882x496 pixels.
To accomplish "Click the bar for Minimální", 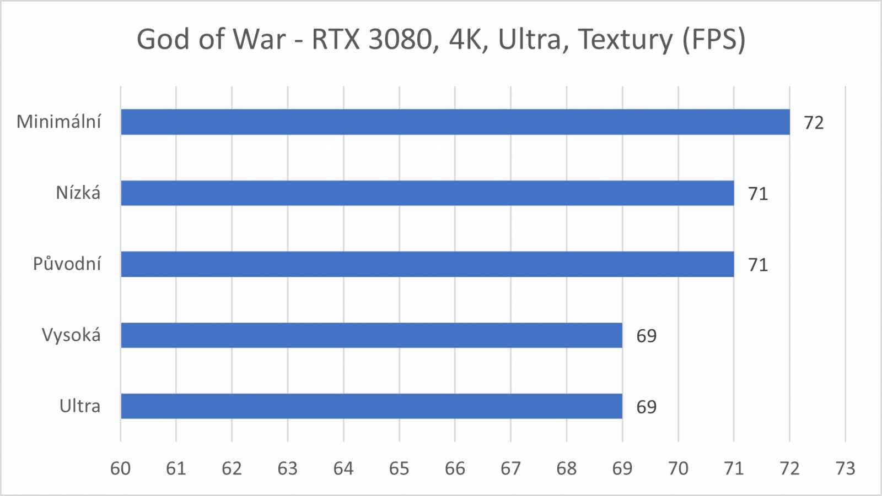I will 455,122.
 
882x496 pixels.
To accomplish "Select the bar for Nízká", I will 427,193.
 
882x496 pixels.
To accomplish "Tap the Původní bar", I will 427,264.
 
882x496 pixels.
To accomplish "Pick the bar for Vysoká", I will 371,335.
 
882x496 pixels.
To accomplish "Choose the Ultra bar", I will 371,406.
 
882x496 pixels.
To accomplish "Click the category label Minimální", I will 59,122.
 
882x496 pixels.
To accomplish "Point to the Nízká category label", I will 78,193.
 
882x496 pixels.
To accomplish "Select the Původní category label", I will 67,264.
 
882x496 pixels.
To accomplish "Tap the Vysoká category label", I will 72,335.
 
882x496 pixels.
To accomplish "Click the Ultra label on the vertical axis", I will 80,406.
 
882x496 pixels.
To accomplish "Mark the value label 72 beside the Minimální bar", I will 814,123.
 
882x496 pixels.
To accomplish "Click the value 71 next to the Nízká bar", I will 758,194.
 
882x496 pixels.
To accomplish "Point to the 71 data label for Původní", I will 758,265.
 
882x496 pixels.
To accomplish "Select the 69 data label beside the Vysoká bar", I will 647,336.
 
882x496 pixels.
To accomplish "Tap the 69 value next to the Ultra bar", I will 647,407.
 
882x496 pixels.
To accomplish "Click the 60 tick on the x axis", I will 121,468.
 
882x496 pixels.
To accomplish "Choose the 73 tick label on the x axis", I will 845,468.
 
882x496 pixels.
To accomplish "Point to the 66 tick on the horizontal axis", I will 455,468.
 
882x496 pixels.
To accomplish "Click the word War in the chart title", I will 259,40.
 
